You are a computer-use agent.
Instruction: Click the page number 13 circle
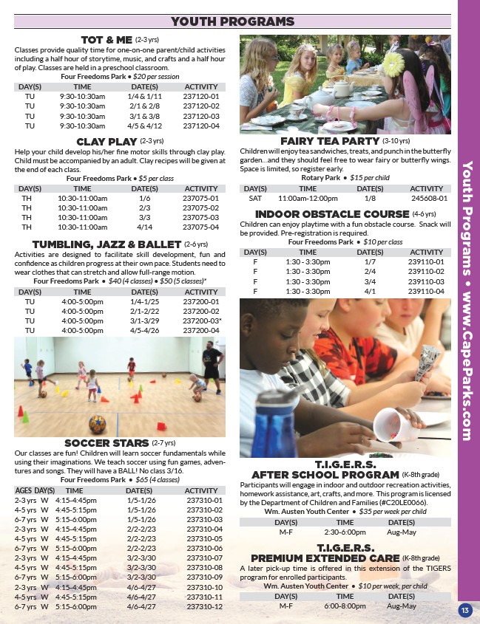(464, 610)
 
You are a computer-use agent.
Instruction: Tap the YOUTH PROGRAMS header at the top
(232, 21)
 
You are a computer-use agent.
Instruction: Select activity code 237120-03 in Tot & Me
(201, 116)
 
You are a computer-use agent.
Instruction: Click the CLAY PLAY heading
(107, 141)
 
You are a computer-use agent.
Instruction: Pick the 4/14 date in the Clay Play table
(145, 229)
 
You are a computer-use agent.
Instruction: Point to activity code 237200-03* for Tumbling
(202, 320)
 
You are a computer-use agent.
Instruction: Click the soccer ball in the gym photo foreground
(97, 424)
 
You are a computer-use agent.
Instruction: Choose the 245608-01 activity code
(427, 198)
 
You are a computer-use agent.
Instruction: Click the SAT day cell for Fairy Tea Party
(255, 198)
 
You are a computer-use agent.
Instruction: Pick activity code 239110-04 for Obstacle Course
(426, 291)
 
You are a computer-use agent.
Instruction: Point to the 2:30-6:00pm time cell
(345, 531)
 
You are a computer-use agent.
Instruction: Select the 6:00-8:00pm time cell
(345, 606)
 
